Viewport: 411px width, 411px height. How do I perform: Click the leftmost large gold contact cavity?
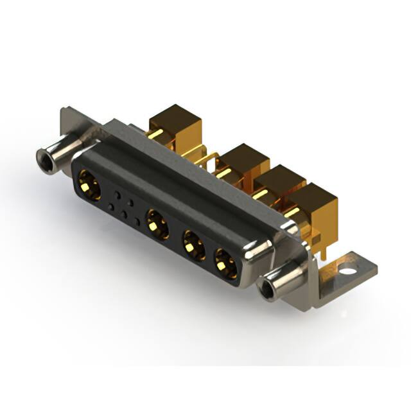(x=91, y=188)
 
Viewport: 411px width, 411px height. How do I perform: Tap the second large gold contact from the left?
(x=157, y=225)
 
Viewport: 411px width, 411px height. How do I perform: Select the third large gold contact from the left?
(x=191, y=245)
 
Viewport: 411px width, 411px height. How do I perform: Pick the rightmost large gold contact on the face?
(x=225, y=263)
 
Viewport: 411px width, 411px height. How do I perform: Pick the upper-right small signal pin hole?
(x=131, y=201)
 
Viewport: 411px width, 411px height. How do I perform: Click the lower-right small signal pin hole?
(x=138, y=224)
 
